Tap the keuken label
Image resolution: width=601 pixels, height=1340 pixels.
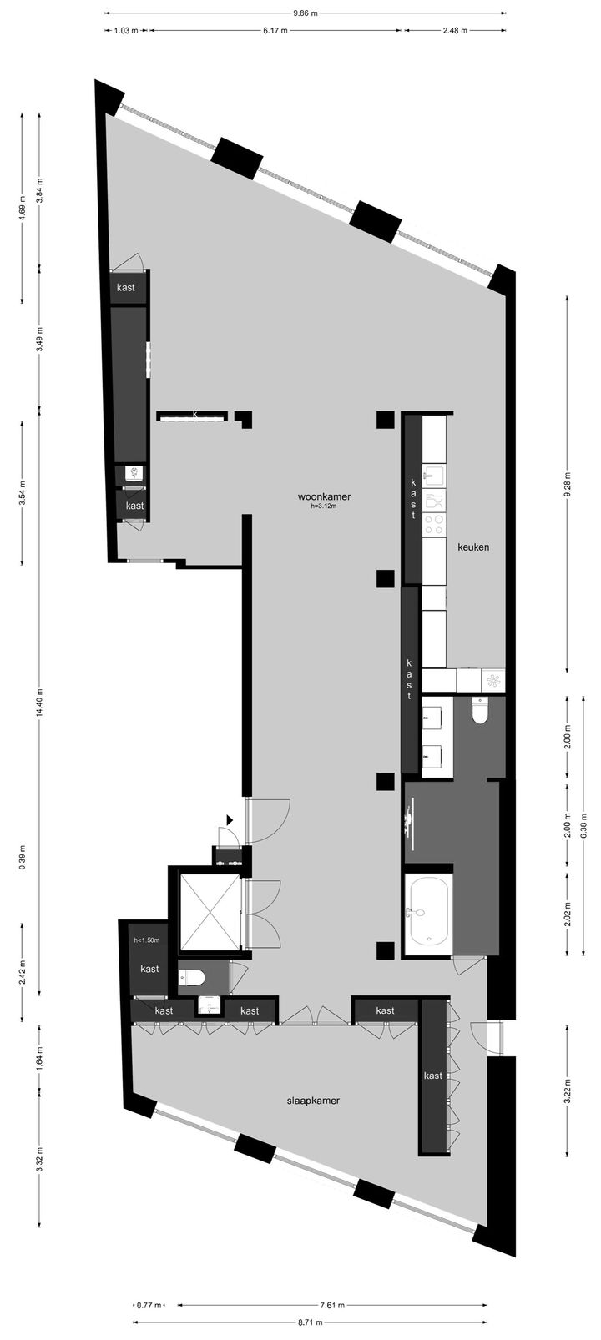472,548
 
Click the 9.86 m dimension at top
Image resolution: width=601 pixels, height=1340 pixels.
305,13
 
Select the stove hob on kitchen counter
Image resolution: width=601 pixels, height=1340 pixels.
433,525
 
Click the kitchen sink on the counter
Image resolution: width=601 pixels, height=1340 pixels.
433,476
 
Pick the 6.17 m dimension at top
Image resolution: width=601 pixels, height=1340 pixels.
275,30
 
